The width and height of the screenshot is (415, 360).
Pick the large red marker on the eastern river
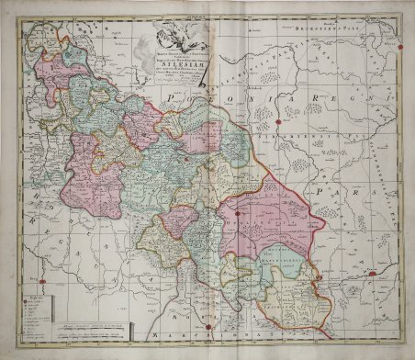[372, 273]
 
